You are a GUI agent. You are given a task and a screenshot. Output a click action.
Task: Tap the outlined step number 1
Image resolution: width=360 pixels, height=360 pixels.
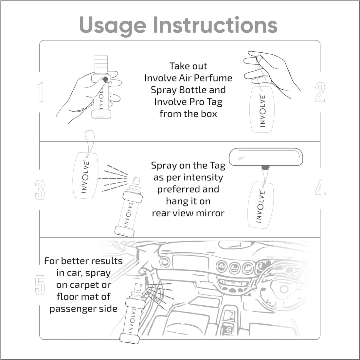click(40, 92)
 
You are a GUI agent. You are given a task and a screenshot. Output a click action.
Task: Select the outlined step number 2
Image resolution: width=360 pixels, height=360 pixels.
click(320, 92)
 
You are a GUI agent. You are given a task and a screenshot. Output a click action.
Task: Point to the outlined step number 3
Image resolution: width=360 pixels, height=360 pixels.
click(40, 190)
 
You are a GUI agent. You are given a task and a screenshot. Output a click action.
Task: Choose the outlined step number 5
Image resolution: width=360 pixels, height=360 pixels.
click(40, 285)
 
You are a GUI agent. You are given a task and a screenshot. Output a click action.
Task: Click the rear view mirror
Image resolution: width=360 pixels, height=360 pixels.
click(266, 157)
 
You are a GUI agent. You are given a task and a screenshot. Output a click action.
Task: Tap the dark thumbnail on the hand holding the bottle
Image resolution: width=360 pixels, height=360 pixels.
click(105, 80)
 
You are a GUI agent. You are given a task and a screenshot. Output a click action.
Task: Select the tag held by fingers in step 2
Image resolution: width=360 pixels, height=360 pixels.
click(262, 110)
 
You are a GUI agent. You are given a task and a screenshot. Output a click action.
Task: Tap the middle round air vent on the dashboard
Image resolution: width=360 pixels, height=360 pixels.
click(235, 268)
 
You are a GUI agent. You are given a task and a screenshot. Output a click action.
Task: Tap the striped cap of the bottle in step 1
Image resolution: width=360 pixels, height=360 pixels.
click(101, 64)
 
